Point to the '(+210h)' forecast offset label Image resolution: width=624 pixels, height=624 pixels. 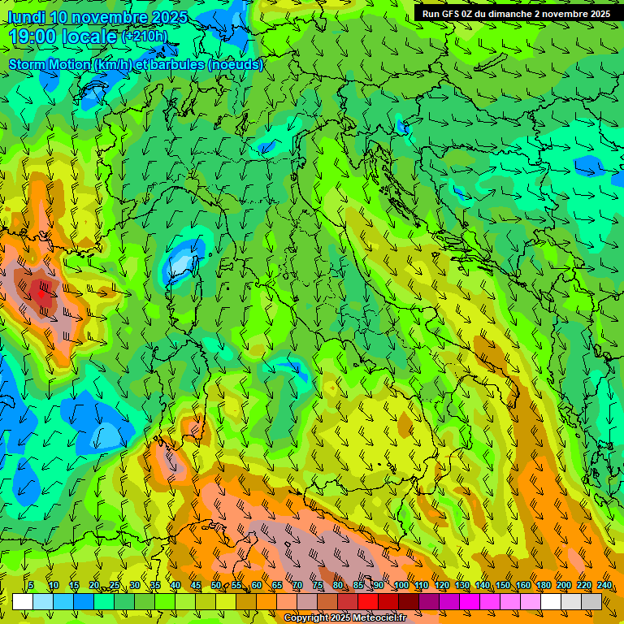145,37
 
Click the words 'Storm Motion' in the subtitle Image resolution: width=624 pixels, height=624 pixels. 48,64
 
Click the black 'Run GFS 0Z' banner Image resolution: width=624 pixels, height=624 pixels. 516,14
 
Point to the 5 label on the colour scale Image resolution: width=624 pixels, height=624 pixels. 31,585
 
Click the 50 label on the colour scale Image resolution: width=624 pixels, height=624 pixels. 216,585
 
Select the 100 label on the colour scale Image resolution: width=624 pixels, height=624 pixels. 401,585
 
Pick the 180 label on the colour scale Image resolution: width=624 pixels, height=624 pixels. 543,585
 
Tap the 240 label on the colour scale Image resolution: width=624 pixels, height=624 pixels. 604,585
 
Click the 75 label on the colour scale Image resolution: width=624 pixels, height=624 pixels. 318,585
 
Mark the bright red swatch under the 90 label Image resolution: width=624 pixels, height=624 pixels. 368,601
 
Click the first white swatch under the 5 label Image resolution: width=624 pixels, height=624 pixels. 23,601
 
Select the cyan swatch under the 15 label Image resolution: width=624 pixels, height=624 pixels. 63,601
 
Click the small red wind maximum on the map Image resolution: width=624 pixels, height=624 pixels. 41,292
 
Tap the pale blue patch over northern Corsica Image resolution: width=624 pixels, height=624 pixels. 182,262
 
